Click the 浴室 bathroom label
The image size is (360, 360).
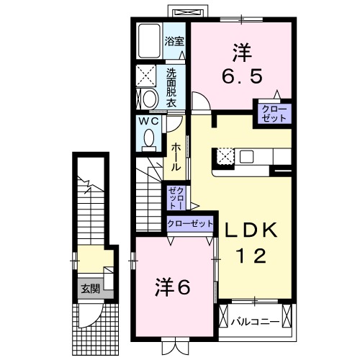pos(174,41)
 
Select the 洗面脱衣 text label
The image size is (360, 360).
pos(171,88)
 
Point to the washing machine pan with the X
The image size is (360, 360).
pos(147,74)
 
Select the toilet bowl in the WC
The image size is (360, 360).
pos(149,141)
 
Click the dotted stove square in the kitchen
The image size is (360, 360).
pos(225,156)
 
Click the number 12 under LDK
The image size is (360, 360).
pos(252,255)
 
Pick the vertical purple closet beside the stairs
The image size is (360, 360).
pos(176,197)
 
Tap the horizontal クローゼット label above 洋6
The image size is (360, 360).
pos(190,224)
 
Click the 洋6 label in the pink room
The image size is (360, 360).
pos(173,287)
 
